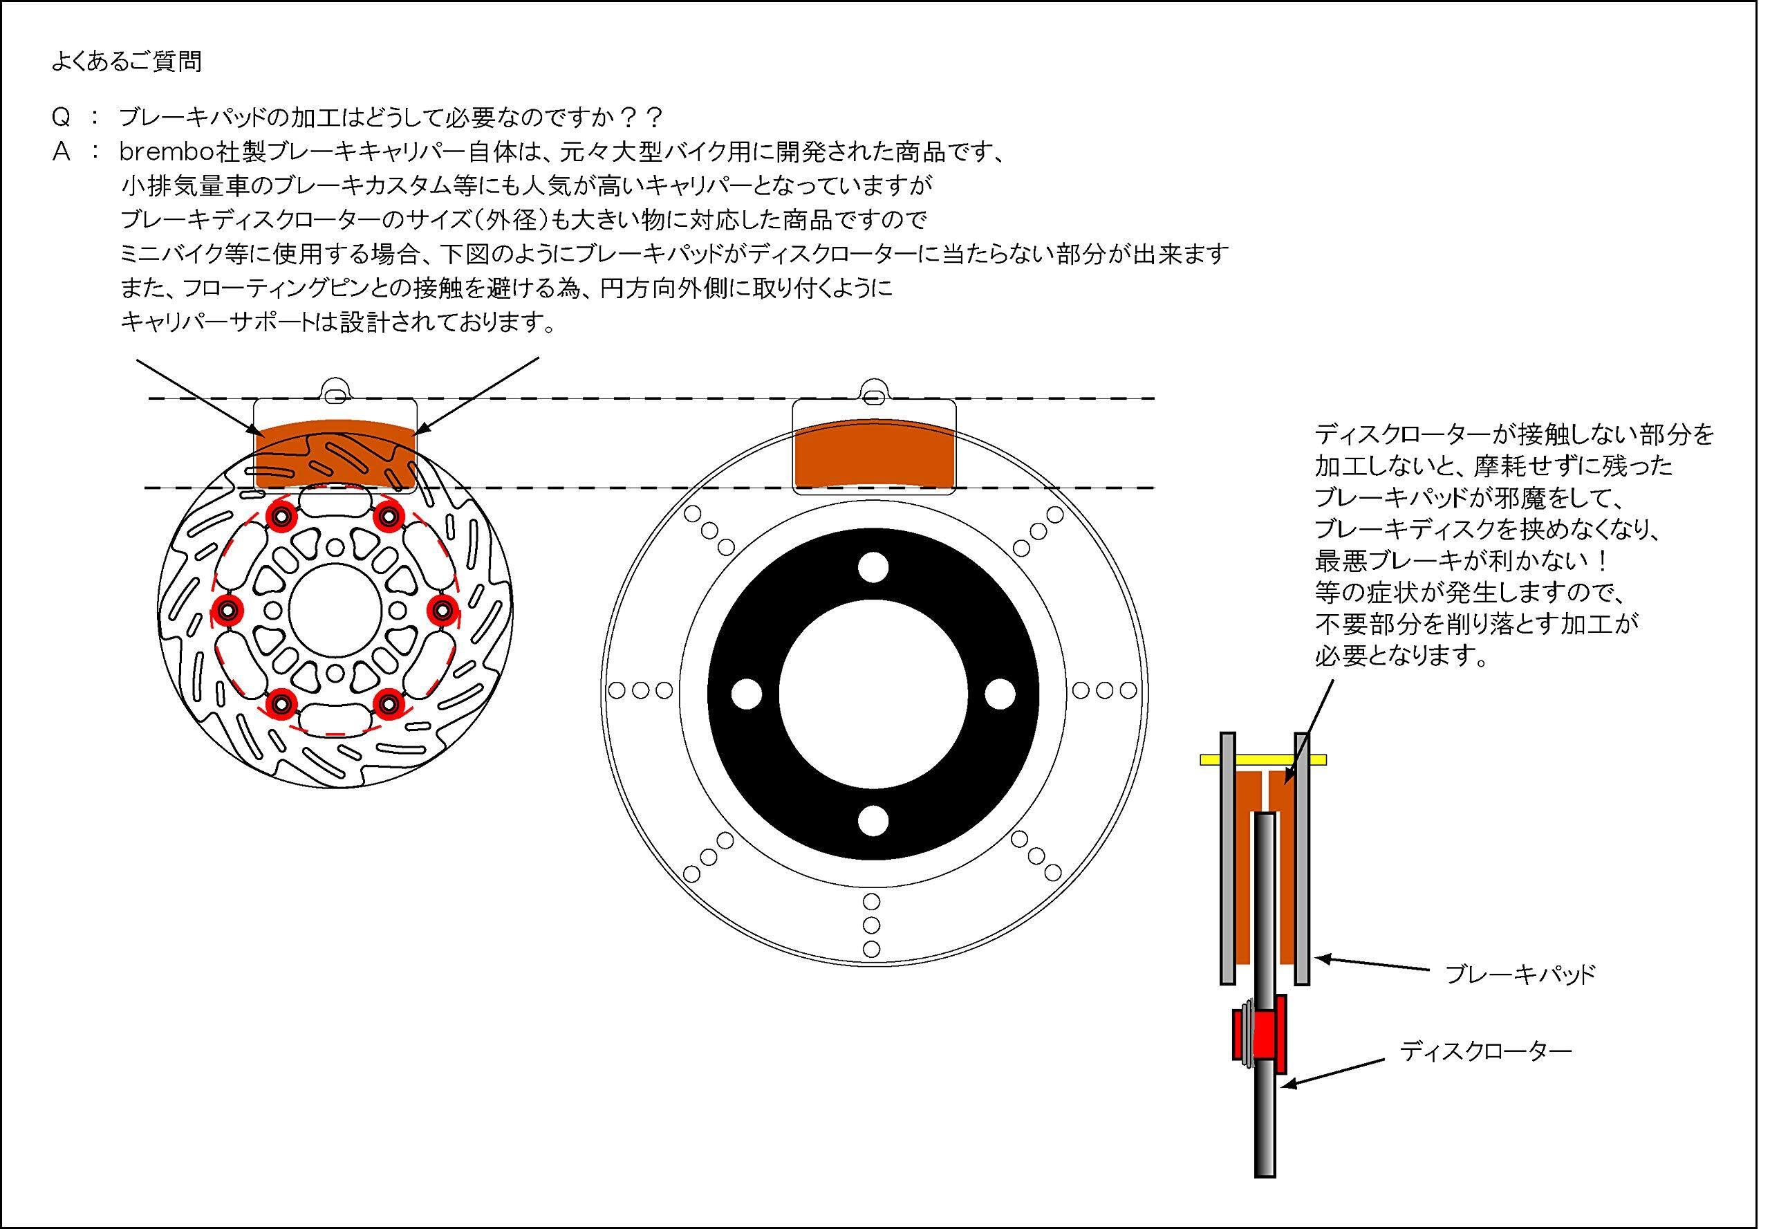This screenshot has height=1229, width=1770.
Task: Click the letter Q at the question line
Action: [61, 118]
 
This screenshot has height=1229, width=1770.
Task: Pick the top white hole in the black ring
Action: [873, 568]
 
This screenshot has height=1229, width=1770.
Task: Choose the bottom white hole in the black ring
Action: [873, 820]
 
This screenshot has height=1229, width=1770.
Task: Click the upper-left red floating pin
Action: [280, 515]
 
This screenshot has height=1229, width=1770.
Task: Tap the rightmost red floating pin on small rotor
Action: [442, 609]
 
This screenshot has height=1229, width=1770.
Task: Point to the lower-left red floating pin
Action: [280, 702]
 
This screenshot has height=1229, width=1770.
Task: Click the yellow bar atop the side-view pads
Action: [1263, 760]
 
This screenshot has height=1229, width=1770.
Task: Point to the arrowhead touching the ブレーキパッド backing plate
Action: [1319, 959]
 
